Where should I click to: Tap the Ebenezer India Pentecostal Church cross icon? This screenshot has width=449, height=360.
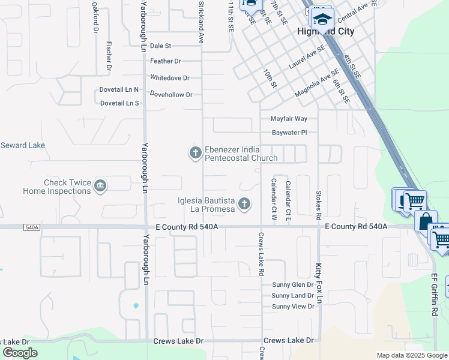[195, 154]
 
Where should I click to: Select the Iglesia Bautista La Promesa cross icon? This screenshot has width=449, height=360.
[244, 205]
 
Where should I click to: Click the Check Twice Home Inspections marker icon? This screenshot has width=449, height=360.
[100, 187]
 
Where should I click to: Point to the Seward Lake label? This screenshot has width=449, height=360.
[22, 145]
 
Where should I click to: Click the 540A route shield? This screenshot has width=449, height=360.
[32, 227]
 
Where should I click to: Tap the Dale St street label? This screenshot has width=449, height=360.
[160, 46]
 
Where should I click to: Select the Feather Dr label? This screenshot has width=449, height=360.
[166, 61]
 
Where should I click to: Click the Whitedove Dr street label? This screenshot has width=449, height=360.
[170, 78]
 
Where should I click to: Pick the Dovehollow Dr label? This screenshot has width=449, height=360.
[171, 95]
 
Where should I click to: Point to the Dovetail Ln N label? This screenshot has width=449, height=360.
[119, 89]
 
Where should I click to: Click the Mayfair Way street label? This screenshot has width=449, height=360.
[289, 119]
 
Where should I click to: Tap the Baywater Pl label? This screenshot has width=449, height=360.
[289, 132]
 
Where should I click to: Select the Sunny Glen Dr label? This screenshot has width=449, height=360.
[292, 285]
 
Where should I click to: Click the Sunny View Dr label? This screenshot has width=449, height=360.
[293, 307]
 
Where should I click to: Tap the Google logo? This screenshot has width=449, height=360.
[20, 353]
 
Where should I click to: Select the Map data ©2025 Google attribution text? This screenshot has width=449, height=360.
[411, 355]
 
